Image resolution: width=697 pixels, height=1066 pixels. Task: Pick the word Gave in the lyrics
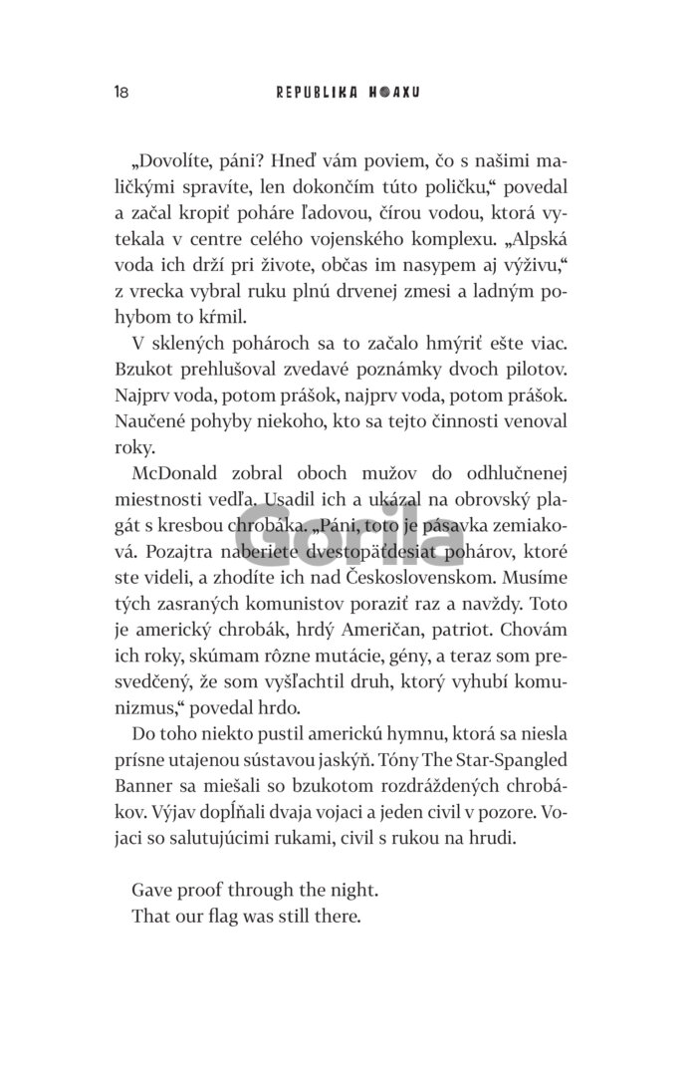coord(152,889)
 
